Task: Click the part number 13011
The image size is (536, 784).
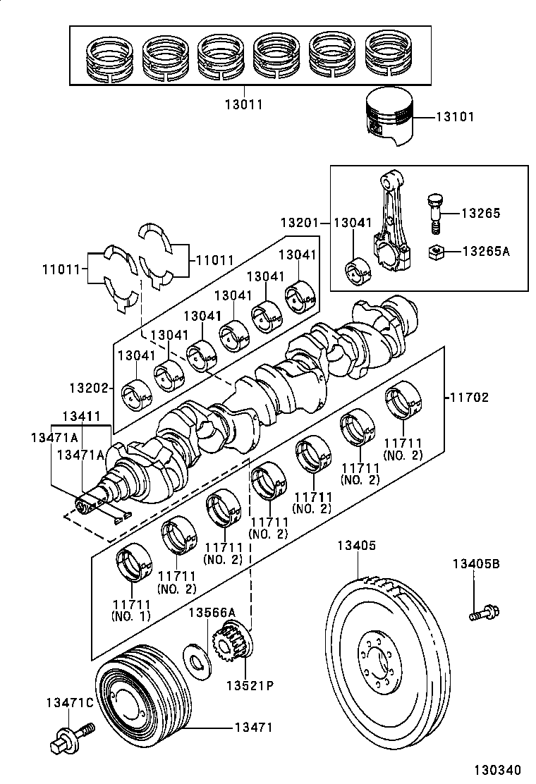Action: point(243,104)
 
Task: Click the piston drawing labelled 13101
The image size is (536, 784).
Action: point(389,117)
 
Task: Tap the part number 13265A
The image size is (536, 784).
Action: point(485,251)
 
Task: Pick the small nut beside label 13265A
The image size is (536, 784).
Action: point(436,250)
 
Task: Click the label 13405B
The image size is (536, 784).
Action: point(476,563)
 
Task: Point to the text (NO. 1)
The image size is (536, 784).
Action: point(131,616)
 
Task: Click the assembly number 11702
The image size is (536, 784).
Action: point(469,398)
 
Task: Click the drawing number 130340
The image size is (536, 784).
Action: point(497,769)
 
